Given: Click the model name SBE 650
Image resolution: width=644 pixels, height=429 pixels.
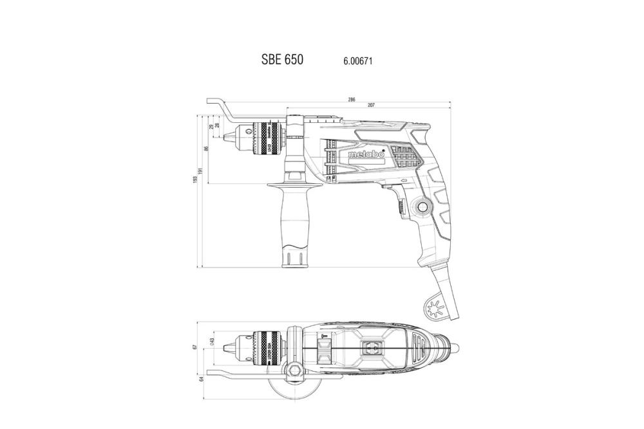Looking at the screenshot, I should coord(282,60).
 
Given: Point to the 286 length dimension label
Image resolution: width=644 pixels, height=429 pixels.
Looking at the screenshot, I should coord(352,100).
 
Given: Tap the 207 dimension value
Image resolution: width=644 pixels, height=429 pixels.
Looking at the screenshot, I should coord(371,105).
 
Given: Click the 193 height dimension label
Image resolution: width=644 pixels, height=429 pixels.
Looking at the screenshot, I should coord(196,179).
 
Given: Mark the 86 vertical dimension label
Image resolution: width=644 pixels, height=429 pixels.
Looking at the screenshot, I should coord(206,149).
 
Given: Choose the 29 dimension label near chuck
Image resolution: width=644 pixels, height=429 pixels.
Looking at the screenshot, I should coord(212,127).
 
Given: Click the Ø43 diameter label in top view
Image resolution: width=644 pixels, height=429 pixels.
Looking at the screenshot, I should coord(213,342).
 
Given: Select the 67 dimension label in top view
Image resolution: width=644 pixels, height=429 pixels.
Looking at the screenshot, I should coord(196,347).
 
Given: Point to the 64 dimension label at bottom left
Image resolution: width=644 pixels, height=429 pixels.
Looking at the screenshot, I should coord(201,378).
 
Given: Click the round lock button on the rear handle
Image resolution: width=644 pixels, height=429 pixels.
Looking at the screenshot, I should coord(423,207).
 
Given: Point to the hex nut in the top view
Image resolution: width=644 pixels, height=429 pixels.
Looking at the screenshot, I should coord(294,369).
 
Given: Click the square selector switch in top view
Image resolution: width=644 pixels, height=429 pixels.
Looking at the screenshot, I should coord(372,348).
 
